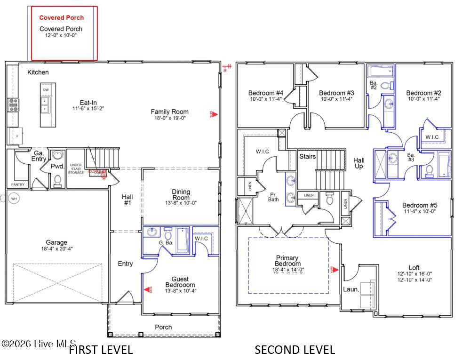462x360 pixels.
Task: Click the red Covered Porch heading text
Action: [61, 18]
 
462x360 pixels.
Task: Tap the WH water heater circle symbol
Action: [14, 198]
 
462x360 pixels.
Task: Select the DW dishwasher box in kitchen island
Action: [46, 89]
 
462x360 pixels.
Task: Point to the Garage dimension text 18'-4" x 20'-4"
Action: [56, 249]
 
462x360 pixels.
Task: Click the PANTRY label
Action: [18, 184]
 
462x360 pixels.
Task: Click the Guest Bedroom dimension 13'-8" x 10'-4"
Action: [180, 291]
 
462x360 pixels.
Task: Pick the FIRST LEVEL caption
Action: [101, 350]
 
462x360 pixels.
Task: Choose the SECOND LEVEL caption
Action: [295, 350]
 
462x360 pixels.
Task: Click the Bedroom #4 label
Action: [266, 93]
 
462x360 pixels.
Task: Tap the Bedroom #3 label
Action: [336, 93]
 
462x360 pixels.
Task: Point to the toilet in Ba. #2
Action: [385, 86]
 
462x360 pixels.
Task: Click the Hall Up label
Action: [359, 163]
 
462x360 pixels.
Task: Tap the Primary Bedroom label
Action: [288, 261]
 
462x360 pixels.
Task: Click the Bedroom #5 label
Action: [420, 205]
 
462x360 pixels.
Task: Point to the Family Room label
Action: [169, 112]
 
